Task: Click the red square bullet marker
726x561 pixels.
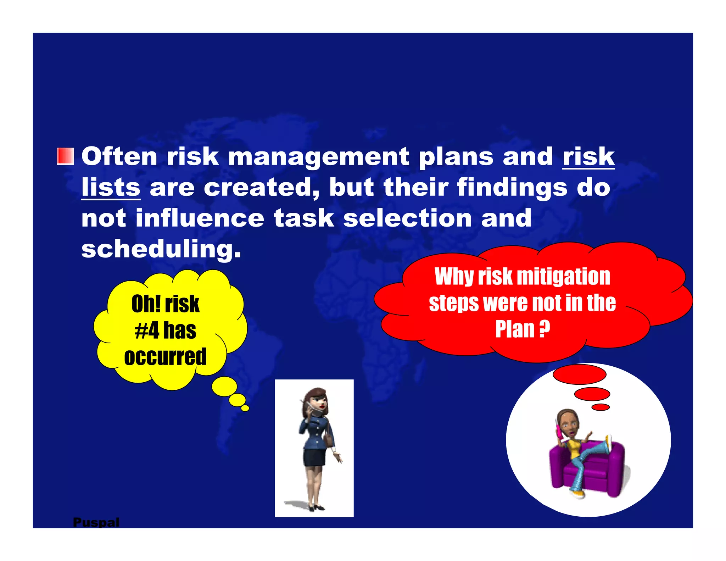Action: tap(66, 156)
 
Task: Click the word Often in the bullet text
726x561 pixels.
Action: tap(119, 156)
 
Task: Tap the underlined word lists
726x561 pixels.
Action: tap(111, 187)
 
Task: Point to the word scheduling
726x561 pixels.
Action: tap(161, 249)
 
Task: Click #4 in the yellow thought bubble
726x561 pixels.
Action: tap(147, 331)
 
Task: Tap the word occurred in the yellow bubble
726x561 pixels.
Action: tap(165, 357)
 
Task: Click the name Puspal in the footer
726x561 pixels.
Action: tap(96, 522)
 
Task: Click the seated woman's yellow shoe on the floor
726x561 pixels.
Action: tap(579, 494)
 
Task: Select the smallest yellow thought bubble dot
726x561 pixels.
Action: tap(245, 408)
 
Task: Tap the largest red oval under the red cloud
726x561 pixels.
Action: tap(579, 374)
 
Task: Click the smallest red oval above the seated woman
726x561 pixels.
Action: tap(601, 407)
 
